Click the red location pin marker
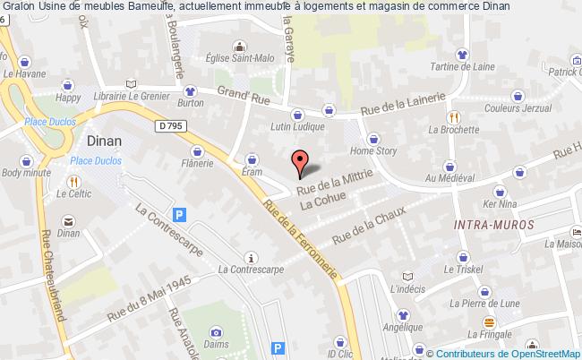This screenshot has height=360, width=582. tap(299, 162)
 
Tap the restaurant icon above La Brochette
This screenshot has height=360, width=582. tap(454, 116)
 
